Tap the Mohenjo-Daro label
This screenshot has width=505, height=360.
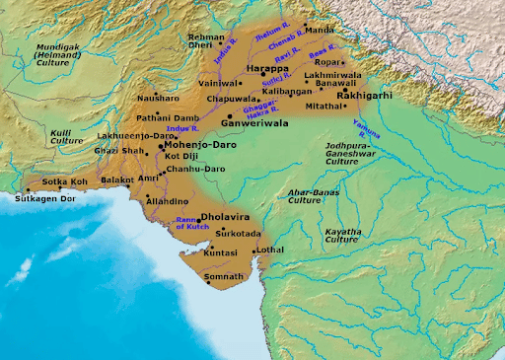(194, 144)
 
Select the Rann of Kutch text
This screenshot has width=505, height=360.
(193, 223)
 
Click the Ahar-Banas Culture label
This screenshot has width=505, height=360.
(314, 195)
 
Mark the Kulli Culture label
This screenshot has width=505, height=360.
(66, 136)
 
